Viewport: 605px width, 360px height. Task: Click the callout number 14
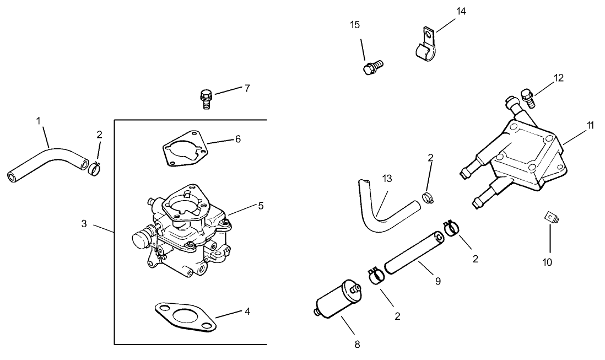[461, 11]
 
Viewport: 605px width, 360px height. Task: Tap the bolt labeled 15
[372, 68]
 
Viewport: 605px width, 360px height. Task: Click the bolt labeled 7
[206, 99]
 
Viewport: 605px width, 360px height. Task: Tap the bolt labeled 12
[527, 99]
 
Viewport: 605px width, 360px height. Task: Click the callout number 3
[84, 224]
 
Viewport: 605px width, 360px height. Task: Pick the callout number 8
[357, 345]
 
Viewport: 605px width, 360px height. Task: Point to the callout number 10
[547, 262]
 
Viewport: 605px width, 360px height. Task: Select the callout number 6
[237, 139]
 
